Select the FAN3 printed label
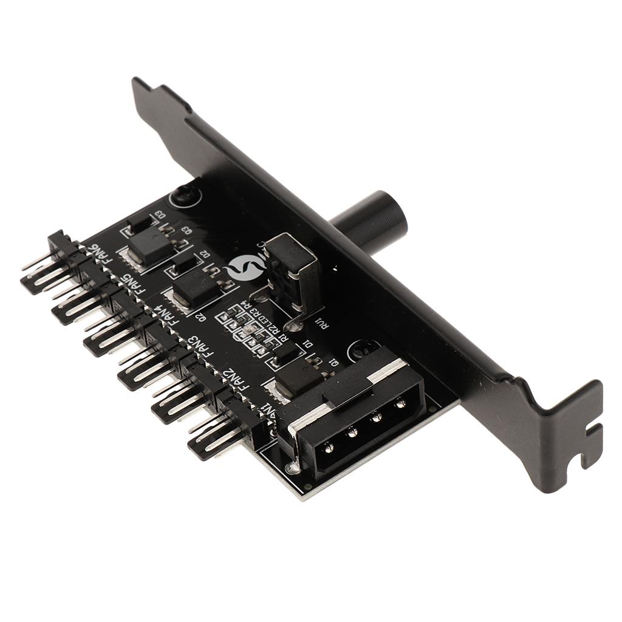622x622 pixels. point(202,349)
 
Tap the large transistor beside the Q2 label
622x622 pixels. point(193,290)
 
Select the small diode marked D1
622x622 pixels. point(285,352)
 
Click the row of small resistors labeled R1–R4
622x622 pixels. point(249,331)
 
